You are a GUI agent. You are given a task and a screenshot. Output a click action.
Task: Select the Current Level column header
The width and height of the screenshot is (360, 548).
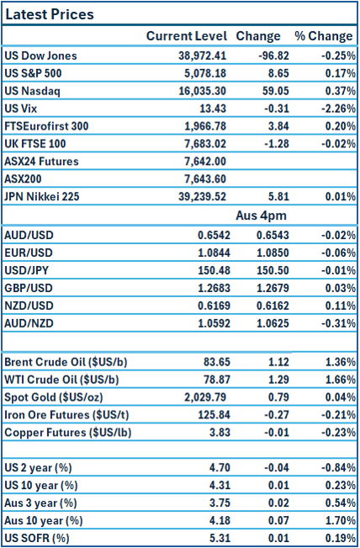186,36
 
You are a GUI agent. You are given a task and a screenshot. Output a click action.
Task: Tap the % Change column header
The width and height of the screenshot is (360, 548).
323,36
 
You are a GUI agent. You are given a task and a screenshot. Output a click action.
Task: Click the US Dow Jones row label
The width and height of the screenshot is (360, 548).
40,56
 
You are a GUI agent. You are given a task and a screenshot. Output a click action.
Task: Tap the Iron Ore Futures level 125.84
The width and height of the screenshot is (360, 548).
209,415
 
